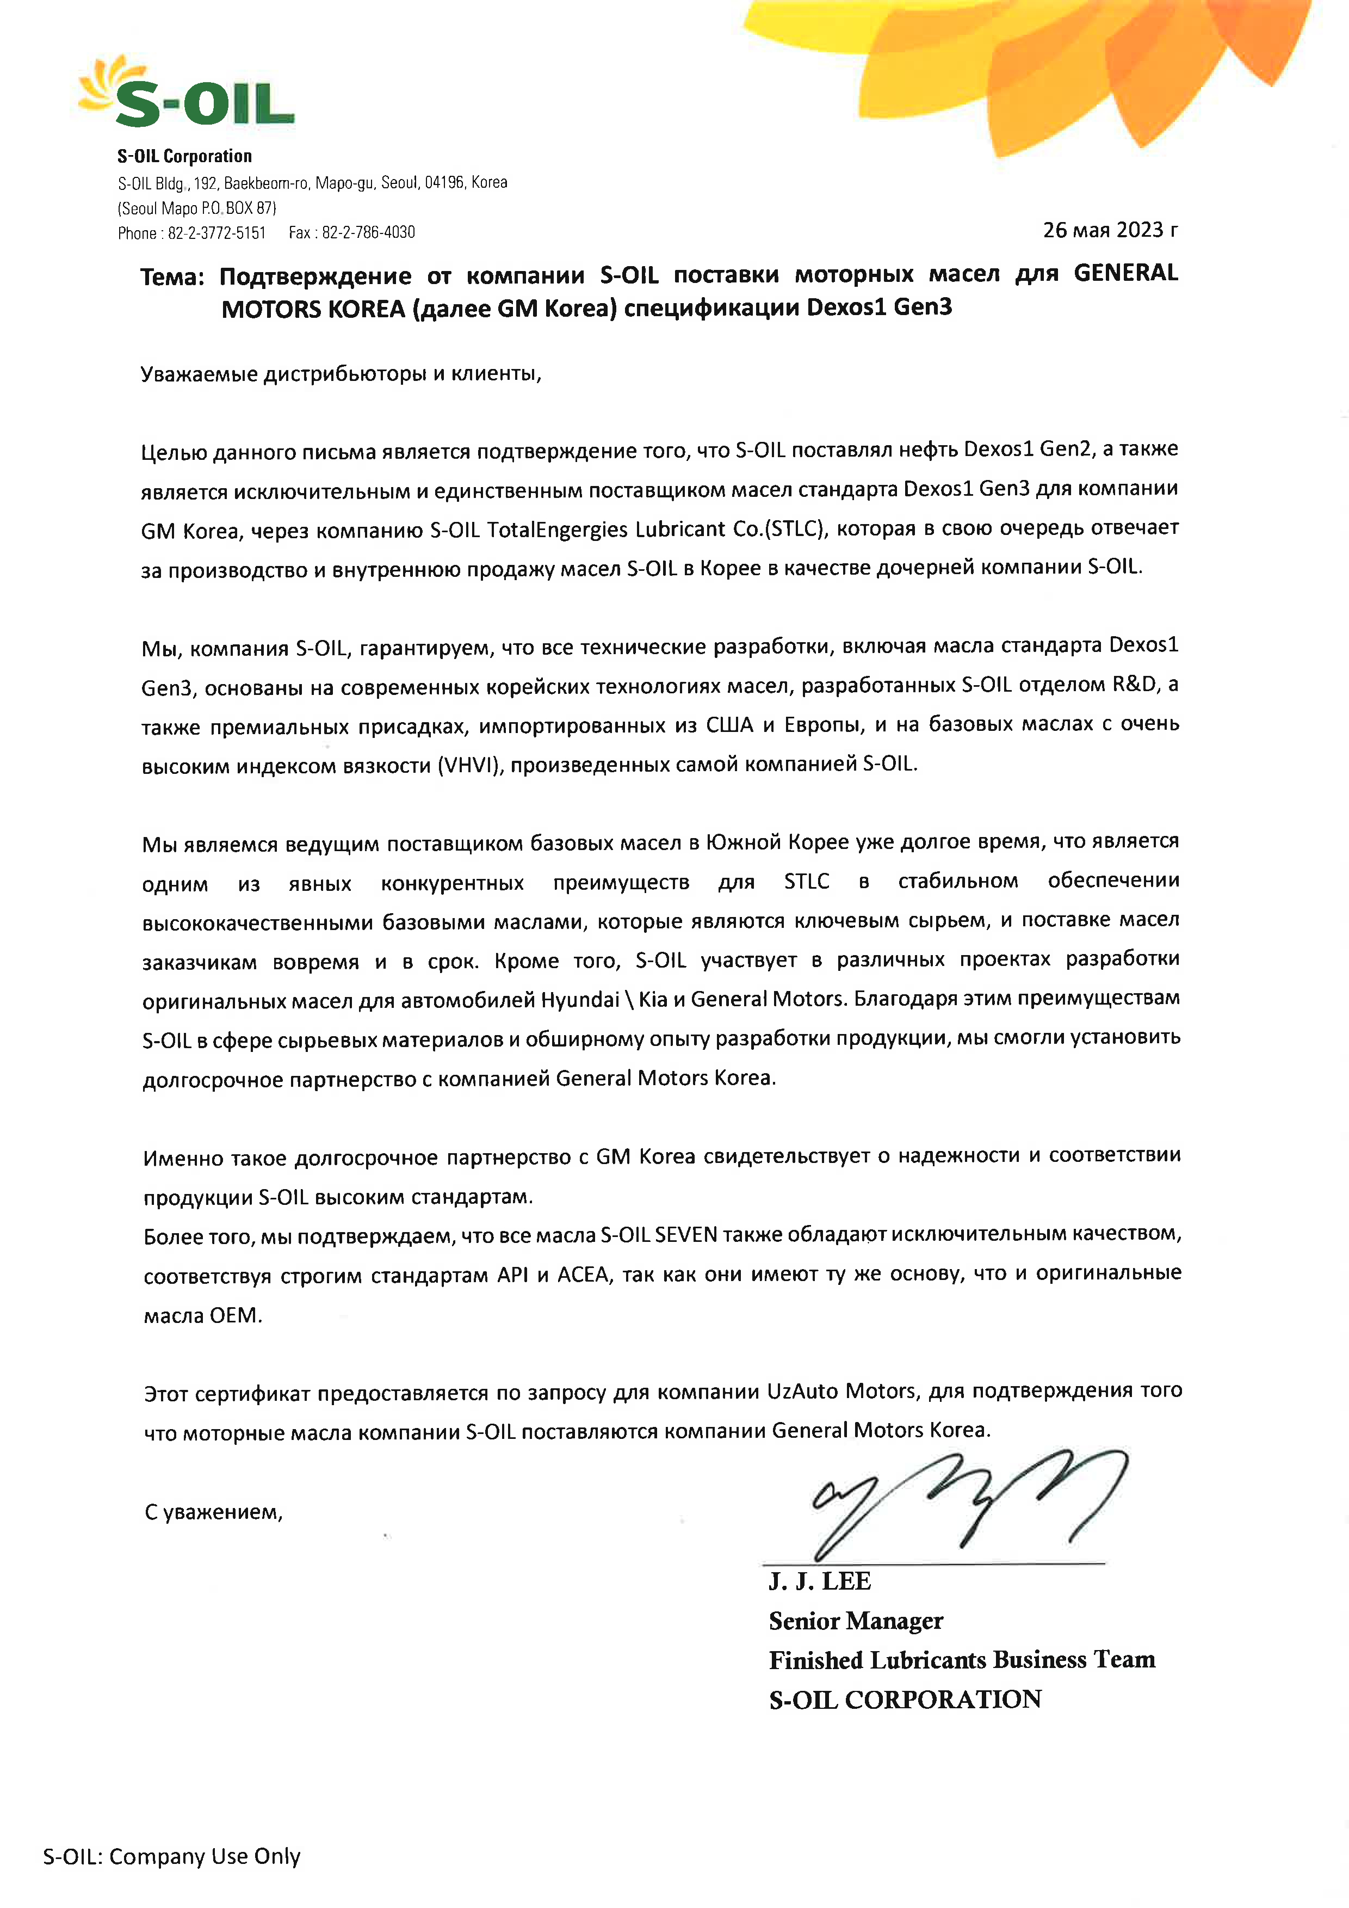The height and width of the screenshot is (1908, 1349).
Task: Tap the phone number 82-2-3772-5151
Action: (x=217, y=233)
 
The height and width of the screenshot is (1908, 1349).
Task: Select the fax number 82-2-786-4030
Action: (x=368, y=233)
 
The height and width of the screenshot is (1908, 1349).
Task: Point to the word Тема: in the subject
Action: (x=172, y=276)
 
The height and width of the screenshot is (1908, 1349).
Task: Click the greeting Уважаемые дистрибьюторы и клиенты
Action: (x=341, y=374)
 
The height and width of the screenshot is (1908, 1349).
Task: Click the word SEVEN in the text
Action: (x=685, y=1235)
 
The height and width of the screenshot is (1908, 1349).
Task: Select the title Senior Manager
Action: (x=856, y=1621)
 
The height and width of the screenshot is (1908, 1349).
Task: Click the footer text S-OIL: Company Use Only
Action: (x=172, y=1856)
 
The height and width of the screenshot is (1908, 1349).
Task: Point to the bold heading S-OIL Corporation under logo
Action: (x=184, y=156)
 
